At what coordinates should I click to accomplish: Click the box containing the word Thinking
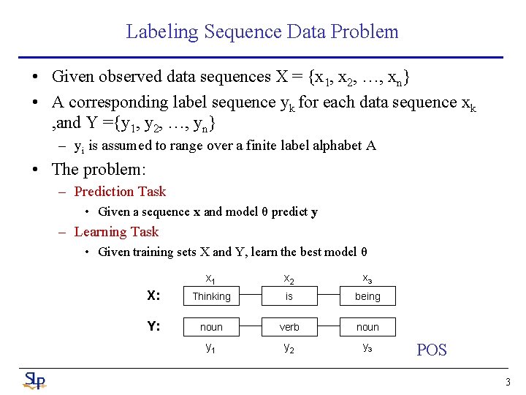click(x=211, y=296)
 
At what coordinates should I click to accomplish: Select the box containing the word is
click(x=289, y=296)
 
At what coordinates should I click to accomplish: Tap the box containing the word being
click(x=367, y=296)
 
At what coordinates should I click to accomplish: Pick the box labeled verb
click(x=289, y=327)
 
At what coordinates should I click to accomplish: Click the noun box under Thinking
click(x=211, y=327)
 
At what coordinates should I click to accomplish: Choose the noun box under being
click(x=367, y=327)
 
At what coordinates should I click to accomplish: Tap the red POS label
click(x=431, y=350)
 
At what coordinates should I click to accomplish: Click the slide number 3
click(x=508, y=382)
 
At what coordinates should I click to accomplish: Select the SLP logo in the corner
click(x=34, y=380)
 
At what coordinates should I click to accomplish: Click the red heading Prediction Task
click(x=120, y=192)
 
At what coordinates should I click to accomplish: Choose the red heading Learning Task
click(x=116, y=232)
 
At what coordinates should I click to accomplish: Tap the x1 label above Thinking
click(x=210, y=279)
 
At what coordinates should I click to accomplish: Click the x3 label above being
click(x=367, y=279)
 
